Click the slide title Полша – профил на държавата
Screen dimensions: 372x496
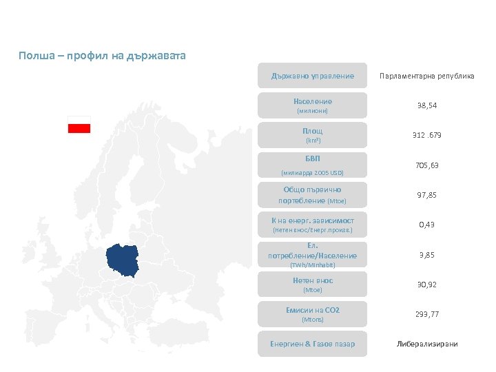coord(103,54)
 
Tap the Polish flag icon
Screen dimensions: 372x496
coord(79,125)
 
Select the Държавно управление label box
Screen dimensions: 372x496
coord(312,76)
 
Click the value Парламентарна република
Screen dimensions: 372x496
coord(427,76)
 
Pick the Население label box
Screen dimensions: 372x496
coord(312,105)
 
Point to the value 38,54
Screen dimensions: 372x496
coord(427,105)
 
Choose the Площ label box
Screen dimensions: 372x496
coord(312,135)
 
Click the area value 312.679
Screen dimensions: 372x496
coord(427,135)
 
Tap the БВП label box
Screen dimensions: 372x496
coord(312,165)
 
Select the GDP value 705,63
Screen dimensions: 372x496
coord(427,165)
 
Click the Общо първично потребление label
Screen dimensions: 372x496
coord(312,195)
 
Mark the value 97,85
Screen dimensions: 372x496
coord(427,195)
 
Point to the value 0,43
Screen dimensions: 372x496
coord(427,225)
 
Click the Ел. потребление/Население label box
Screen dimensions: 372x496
coord(312,255)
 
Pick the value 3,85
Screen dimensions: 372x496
coord(427,255)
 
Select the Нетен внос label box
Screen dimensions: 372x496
coord(312,285)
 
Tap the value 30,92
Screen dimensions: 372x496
coord(427,285)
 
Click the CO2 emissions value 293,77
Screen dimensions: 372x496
coord(427,314)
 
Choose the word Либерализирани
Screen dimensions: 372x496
coord(427,344)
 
